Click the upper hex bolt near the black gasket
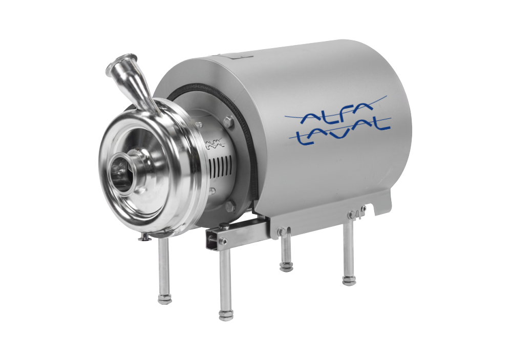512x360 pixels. pos(228,122)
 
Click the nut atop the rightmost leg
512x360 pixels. pos(352,214)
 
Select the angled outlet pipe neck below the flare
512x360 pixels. pos(144,91)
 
